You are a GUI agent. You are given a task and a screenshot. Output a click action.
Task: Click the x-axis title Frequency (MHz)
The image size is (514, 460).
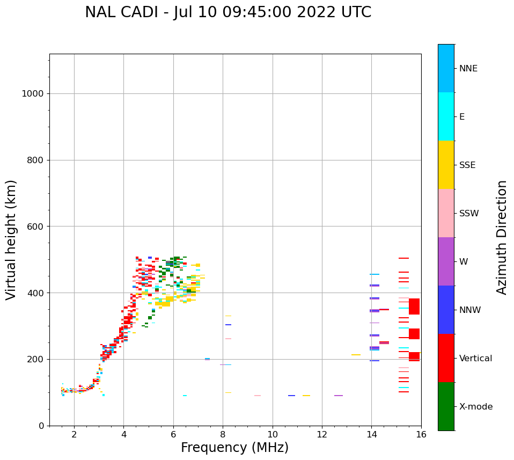click(234, 448)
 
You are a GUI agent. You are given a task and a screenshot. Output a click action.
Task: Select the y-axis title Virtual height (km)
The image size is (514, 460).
click(11, 240)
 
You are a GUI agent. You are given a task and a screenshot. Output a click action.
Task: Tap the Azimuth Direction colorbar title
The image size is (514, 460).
click(502, 237)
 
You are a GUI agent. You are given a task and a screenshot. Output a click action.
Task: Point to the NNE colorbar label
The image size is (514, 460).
click(468, 69)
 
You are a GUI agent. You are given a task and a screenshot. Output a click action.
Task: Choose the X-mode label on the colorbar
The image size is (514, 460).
click(475, 407)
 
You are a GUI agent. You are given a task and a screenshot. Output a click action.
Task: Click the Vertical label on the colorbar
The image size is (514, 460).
click(475, 359)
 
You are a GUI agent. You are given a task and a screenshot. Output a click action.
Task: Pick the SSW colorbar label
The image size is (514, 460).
click(469, 214)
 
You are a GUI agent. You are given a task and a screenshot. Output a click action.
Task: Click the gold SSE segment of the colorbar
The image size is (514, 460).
click(446, 165)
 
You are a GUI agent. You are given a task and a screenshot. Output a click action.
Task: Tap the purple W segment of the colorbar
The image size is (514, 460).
click(446, 261)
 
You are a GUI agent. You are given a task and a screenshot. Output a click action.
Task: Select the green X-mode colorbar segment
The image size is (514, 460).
click(446, 406)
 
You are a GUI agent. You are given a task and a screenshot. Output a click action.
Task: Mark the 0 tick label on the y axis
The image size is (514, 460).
click(41, 426)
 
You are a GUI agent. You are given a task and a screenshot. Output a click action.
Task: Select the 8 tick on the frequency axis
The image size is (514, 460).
click(223, 434)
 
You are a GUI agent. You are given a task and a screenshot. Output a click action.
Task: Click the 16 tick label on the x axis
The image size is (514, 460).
click(421, 434)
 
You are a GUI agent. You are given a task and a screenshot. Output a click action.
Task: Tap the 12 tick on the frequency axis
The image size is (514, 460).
click(322, 434)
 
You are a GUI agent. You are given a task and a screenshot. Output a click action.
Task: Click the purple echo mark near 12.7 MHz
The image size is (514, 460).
click(339, 396)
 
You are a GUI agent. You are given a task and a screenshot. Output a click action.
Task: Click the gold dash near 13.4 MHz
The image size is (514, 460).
click(356, 355)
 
